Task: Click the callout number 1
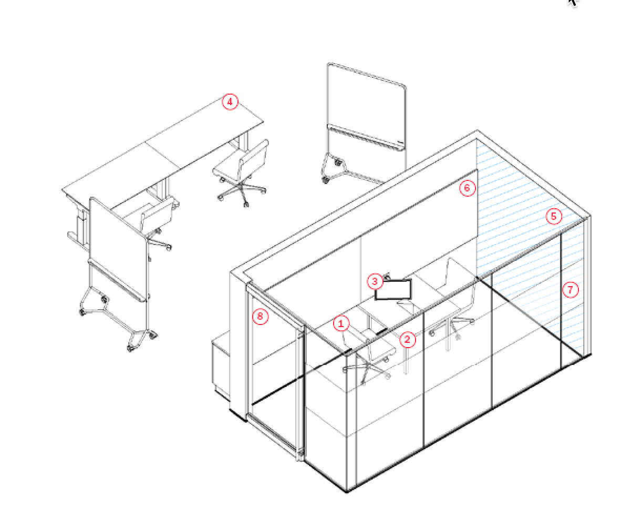coord(341,323)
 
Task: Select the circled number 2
coord(408,340)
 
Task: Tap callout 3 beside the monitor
coord(375,281)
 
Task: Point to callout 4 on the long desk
coord(230,101)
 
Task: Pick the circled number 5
coord(554,216)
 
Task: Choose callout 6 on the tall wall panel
coord(468,188)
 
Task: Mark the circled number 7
coord(571,289)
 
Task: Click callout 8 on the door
coord(260,317)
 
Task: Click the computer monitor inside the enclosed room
coord(394,290)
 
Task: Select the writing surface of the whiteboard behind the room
coord(366,100)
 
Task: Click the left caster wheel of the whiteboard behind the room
coord(325,179)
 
